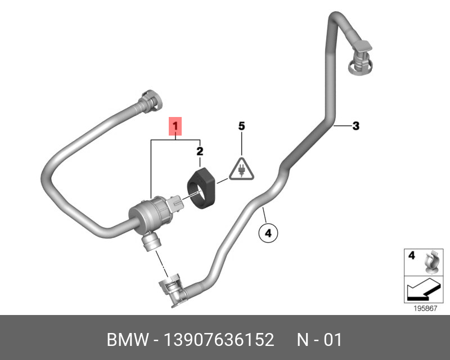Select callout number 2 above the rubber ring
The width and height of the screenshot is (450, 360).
pyautogui.click(x=200, y=151)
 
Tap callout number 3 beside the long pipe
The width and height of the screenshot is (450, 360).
pyautogui.click(x=355, y=126)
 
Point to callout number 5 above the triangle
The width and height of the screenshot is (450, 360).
pyautogui.click(x=241, y=127)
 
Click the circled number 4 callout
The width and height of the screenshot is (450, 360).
pyautogui.click(x=268, y=232)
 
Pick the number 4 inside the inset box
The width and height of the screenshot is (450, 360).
pyautogui.click(x=411, y=255)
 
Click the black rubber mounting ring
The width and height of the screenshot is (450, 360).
pyautogui.click(x=202, y=185)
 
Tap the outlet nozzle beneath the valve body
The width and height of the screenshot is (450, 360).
pyautogui.click(x=151, y=242)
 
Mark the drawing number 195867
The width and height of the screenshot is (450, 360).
pyautogui.click(x=425, y=309)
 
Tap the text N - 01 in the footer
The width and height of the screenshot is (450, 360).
pyautogui.click(x=319, y=340)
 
